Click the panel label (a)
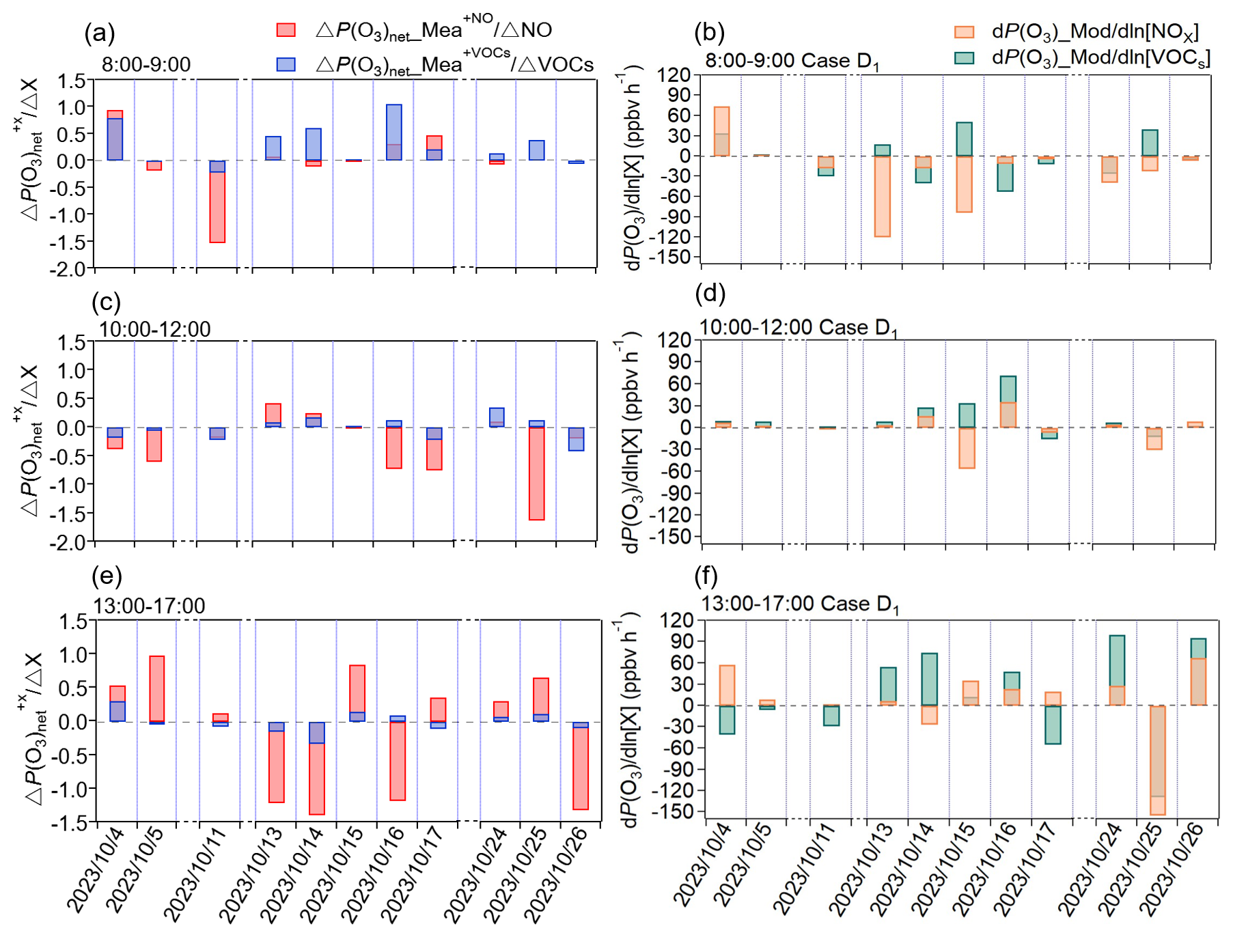click(99, 33)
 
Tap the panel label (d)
click(710, 293)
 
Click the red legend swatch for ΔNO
click(286, 30)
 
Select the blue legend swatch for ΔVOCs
click(286, 64)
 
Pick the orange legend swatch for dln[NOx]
click(963, 31)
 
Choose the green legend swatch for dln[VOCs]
click(963, 57)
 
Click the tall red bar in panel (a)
click(217, 205)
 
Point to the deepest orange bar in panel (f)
click(1157, 759)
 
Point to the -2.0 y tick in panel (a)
click(70, 269)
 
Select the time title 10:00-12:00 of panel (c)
click(154, 329)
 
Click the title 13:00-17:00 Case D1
click(800, 604)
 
